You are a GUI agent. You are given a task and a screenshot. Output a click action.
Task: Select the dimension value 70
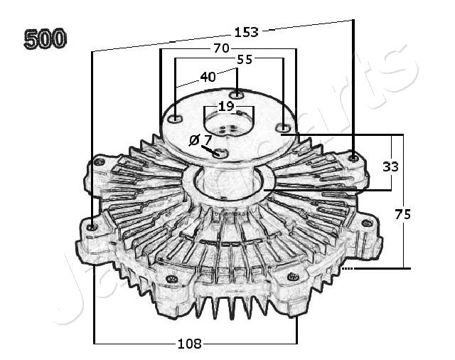click(x=220, y=49)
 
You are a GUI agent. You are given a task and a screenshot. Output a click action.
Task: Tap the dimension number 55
click(x=244, y=60)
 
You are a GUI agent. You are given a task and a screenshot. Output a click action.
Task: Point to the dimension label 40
click(x=208, y=77)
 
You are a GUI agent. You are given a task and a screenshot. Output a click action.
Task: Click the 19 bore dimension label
click(x=225, y=106)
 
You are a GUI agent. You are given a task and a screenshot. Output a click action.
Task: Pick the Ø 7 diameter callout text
click(x=200, y=139)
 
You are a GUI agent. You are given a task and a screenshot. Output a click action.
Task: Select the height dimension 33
click(x=390, y=166)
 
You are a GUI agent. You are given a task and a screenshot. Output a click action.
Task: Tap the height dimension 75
click(x=402, y=214)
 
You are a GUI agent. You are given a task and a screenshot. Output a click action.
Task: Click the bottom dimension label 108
click(x=188, y=344)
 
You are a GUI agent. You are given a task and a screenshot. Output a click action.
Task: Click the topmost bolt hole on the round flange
click(x=237, y=95)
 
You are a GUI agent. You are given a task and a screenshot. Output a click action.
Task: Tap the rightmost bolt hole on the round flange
click(x=283, y=129)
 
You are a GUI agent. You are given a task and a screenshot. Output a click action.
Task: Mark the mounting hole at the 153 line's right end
click(x=353, y=156)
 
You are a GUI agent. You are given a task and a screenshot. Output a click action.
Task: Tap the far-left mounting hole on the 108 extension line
click(x=92, y=227)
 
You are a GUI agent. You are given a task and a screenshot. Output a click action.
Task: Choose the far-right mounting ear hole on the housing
click(x=367, y=223)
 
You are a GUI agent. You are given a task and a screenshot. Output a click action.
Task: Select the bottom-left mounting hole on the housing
click(x=170, y=278)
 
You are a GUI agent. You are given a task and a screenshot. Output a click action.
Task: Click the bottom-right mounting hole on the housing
click(x=291, y=276)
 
